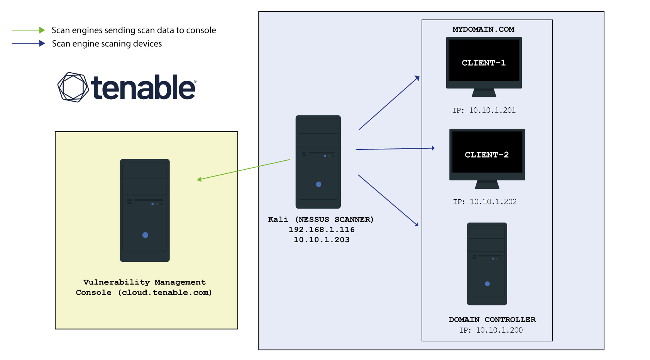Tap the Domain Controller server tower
coord(487,263)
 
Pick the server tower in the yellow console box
coord(145,210)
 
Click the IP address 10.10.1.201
coord(492,110)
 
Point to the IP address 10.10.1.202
coord(493,202)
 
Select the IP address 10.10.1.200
coord(499,330)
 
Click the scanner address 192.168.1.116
coord(322,229)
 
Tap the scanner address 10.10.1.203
coord(322,240)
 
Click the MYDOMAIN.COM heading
coord(483,29)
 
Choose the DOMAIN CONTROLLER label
coord(492,319)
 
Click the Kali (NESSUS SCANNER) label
coord(321,219)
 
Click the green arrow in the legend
coord(29,30)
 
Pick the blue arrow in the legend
coord(29,43)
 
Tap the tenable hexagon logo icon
coord(73,87)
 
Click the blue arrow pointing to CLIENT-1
coord(389,103)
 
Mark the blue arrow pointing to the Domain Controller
coord(388,200)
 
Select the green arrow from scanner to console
coord(244,169)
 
